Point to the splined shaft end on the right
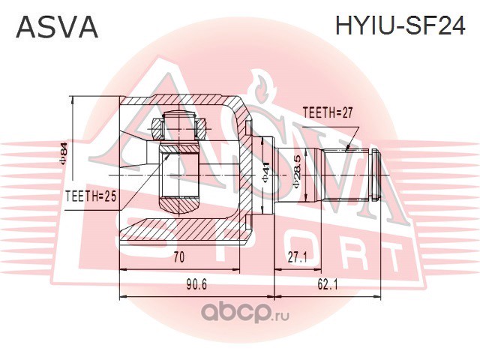click(x=352, y=174)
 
